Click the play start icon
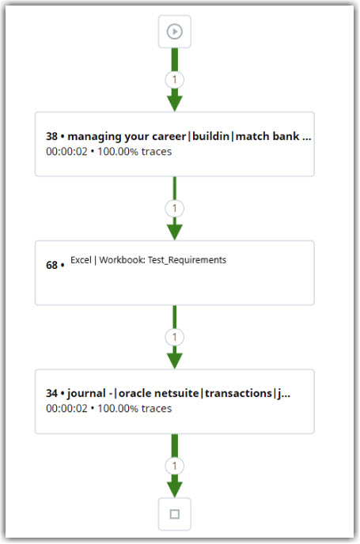coord(174,32)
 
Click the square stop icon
coord(175,514)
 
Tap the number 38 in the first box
coord(51,136)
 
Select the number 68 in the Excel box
coord(51,265)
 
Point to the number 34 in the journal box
coord(51,394)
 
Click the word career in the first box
coord(169,136)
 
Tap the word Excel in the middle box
coord(81,260)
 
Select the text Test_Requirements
coord(187,260)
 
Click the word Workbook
coord(122,260)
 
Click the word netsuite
coord(176,394)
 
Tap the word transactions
coord(238,394)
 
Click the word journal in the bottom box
coord(86,394)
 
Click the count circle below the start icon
coord(175,80)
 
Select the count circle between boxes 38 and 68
coord(175,209)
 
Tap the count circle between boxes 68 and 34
coord(175,337)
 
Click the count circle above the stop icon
coord(175,466)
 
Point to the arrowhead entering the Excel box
coord(175,232)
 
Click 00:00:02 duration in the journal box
coord(66,409)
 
